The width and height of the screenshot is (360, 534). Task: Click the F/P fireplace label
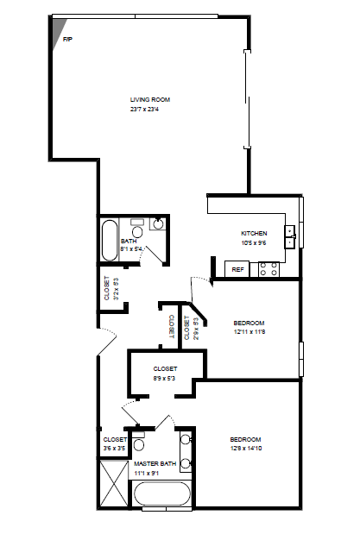[67, 40]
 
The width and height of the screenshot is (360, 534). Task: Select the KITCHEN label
[254, 234]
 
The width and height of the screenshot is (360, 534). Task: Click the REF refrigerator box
[237, 269]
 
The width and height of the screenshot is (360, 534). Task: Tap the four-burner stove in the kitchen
[269, 268]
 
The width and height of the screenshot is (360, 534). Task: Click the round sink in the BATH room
[158, 224]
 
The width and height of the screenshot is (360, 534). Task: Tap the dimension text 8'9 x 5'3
[165, 377]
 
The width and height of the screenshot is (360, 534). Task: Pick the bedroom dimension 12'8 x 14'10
[245, 448]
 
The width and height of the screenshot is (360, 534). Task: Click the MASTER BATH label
[155, 464]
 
